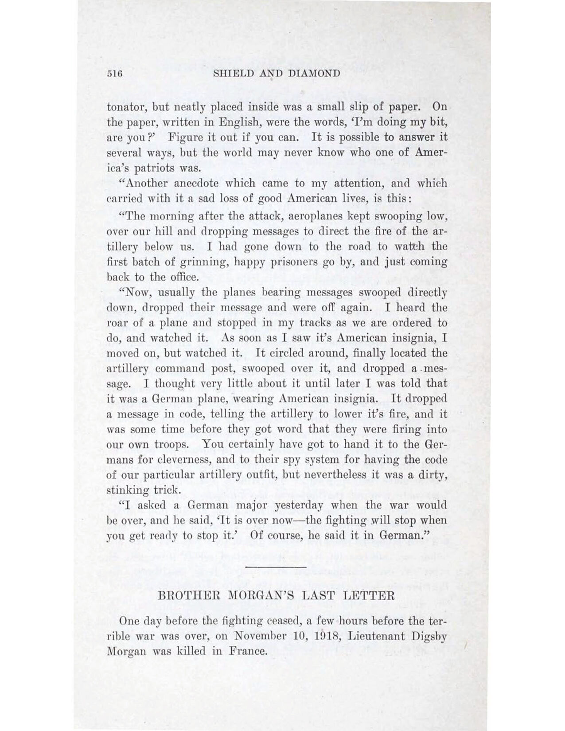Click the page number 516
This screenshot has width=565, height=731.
click(114, 74)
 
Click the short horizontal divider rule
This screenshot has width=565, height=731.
click(276, 567)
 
